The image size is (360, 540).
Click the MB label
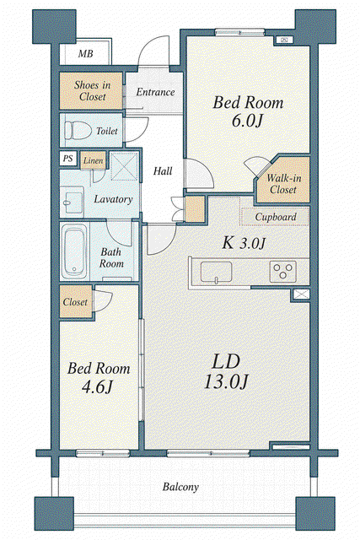coord(85,54)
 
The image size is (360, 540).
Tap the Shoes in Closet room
coord(91,90)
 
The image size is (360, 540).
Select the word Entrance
coord(155,92)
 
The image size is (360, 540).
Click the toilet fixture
coord(78,131)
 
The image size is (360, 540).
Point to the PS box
coord(67,159)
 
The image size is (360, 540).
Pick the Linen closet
coord(93,160)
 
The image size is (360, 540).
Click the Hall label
coord(163,170)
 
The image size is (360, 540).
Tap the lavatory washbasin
coord(73,201)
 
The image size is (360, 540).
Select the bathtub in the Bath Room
coord(74,251)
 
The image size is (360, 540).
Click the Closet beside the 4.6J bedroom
coord(76,302)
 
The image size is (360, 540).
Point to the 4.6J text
coord(98,386)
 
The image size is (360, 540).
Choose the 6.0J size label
coord(248,121)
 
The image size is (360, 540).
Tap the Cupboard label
coord(276,217)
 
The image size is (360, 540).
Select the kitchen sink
coord(216,273)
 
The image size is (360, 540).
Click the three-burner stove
coord(283,272)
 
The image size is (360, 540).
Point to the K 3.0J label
coord(244,243)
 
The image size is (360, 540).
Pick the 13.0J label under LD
coord(226,381)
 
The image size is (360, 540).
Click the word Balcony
coord(180,487)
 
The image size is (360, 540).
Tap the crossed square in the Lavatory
coord(125,166)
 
